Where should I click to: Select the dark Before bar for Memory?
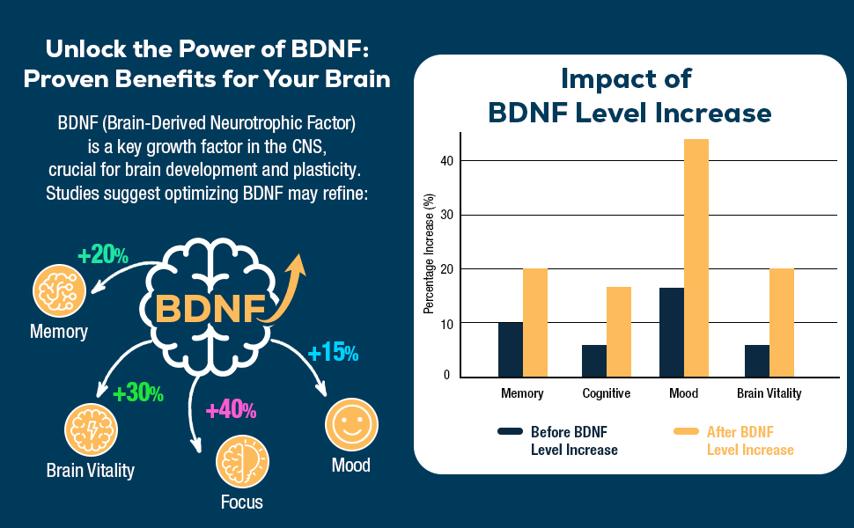point(510,348)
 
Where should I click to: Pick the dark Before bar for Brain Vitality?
point(756,360)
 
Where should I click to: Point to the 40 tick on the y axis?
point(446,161)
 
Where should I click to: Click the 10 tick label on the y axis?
point(446,323)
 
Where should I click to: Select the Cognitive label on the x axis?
point(607,393)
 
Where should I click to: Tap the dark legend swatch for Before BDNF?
point(511,432)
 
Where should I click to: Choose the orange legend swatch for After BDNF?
point(686,432)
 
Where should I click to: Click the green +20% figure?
point(103,255)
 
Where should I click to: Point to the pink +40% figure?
point(231,409)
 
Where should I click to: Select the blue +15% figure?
point(333,353)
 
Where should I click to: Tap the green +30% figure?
point(138,392)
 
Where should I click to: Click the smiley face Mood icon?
point(351,424)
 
